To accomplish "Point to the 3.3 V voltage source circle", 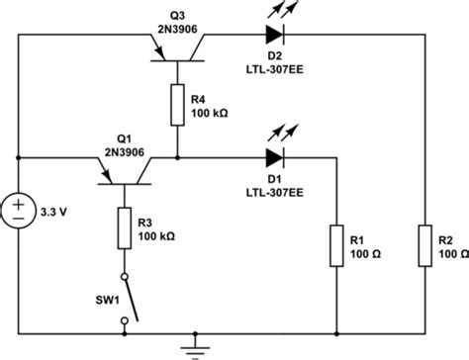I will click(19, 209).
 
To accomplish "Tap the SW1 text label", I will click(94, 297).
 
